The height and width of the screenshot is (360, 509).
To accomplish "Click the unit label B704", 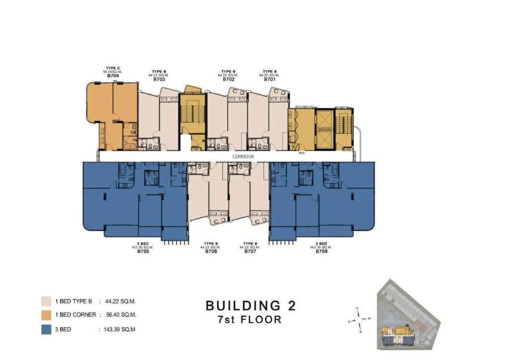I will (112, 76).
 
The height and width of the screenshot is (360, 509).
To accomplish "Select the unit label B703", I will (159, 79).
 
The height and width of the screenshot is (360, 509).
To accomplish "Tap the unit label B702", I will (229, 79).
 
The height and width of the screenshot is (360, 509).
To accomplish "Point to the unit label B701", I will (270, 79).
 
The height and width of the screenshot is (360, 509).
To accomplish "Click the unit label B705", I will (144, 251).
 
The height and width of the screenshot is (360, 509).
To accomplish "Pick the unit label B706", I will (211, 251).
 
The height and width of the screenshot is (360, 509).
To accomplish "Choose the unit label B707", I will (250, 251).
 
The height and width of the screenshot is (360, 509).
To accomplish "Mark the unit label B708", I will (322, 251).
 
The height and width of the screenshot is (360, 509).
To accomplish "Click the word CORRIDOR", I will (243, 157).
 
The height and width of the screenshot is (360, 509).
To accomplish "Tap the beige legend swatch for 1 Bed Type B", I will (46, 301).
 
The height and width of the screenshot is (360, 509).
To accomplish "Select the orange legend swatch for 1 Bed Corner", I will (46, 315).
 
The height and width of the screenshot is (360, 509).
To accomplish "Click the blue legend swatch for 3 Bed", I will (46, 329).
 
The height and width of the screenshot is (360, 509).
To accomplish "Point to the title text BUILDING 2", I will (251, 305).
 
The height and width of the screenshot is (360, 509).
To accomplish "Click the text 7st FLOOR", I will (251, 320).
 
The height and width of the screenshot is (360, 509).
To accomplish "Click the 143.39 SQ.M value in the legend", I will (119, 329).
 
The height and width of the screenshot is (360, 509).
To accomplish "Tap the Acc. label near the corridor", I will (301, 153).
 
